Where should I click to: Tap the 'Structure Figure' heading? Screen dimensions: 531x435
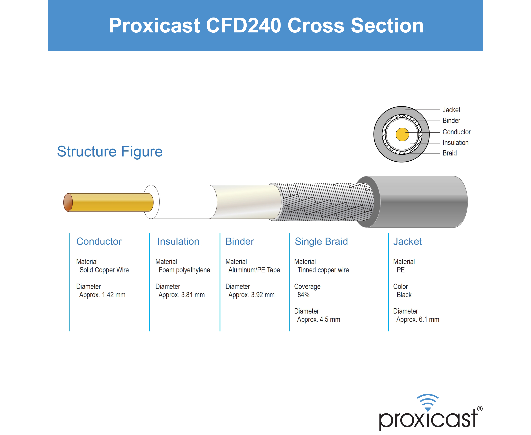point(110,152)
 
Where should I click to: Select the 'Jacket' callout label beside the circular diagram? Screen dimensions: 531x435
point(451,110)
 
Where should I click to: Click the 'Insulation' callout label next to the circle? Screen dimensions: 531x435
point(455,142)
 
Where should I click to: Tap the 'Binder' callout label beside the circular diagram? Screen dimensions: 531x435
point(451,120)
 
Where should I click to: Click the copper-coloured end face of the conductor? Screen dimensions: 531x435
point(68,203)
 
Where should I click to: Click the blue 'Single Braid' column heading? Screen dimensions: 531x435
point(321,242)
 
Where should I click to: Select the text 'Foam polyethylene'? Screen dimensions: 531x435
point(184,270)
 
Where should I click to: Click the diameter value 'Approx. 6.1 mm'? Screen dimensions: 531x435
point(418,319)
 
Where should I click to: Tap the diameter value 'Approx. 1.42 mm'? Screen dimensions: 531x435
point(102,295)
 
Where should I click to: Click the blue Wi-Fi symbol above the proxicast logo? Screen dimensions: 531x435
point(428,403)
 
